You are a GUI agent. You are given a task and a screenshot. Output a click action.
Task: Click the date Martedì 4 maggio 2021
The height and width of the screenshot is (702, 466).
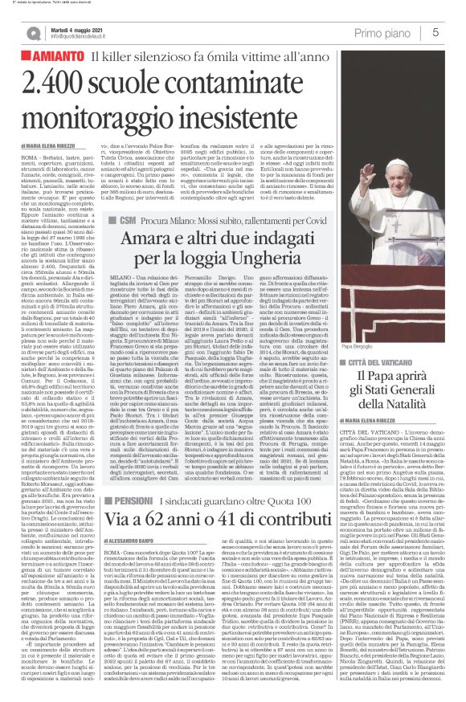tap(76, 27)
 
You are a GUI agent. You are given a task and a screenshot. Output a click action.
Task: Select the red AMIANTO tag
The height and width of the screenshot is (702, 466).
tap(51, 57)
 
